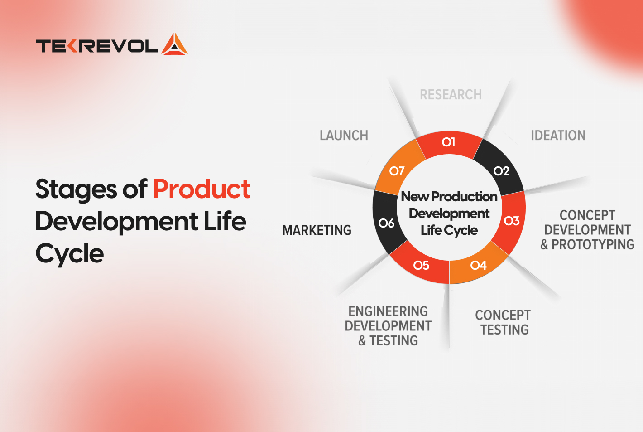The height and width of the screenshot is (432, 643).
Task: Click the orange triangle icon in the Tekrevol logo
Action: pos(174,45)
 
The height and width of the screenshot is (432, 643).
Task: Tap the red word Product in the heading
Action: pos(202,189)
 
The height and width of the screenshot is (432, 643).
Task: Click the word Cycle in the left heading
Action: pos(70,254)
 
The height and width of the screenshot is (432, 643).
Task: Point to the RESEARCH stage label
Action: pos(451,95)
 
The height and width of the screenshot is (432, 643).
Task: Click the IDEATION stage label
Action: pos(558,136)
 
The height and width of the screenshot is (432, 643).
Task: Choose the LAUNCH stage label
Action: pos(344,136)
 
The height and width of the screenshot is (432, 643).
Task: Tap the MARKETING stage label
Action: pos(317,230)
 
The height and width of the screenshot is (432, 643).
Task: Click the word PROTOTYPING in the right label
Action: pos(593,245)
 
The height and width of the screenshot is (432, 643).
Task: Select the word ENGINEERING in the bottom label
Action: pos(388,311)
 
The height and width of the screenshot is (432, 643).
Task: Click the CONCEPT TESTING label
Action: pos(503,322)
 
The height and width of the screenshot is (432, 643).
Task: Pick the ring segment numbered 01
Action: pos(448,142)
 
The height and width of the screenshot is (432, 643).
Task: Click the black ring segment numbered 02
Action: pos(501,171)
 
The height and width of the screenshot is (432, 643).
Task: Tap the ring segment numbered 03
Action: pos(512,221)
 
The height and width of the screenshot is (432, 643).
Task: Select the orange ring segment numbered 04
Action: pos(478,265)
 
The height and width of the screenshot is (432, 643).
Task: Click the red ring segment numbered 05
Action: pos(421,265)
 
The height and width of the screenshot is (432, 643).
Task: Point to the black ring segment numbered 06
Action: pos(386,223)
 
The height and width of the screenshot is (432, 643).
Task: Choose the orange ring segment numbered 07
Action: pos(397,171)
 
